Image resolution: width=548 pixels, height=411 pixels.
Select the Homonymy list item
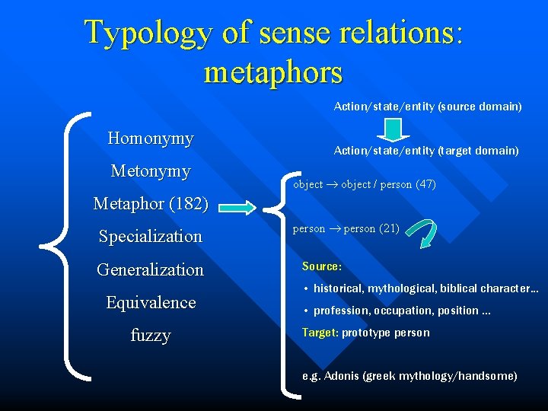(x=151, y=139)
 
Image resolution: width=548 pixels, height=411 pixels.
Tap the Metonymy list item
(x=151, y=171)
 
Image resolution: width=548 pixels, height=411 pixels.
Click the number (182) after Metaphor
(x=191, y=204)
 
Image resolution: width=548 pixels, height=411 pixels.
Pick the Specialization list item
(x=151, y=237)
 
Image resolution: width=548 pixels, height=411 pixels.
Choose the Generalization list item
(x=151, y=269)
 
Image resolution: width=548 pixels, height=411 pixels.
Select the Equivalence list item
(x=151, y=303)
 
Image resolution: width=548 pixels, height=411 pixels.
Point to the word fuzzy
(x=151, y=336)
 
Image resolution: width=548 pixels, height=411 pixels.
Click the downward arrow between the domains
(x=393, y=130)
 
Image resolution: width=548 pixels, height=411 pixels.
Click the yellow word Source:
(x=321, y=266)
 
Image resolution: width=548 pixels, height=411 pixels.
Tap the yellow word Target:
(x=320, y=333)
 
